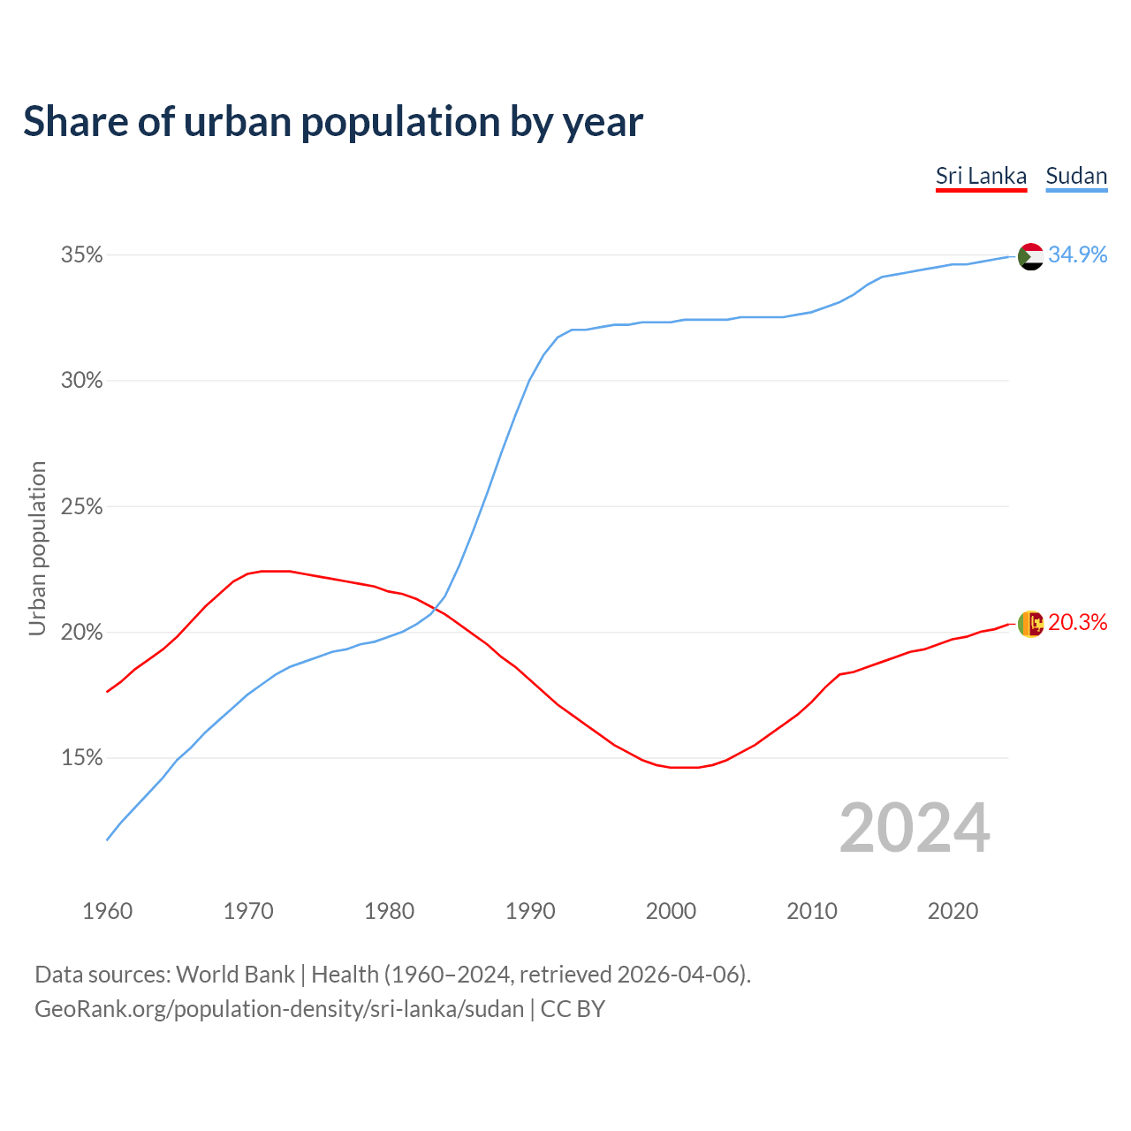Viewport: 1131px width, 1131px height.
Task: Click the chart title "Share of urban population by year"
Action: click(x=333, y=122)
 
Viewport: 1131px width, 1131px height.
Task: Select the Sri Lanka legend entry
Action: click(x=981, y=176)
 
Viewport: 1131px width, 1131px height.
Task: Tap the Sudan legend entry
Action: click(x=1076, y=176)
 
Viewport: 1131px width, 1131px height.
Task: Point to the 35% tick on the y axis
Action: click(x=81, y=255)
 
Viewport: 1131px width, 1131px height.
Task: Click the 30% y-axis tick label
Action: click(x=81, y=381)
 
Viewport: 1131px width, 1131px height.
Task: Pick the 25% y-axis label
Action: click(x=81, y=507)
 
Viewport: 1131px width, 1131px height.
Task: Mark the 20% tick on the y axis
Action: click(x=81, y=633)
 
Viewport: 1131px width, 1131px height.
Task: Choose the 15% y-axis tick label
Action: click(x=81, y=758)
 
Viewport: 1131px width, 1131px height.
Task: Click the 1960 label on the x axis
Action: click(x=107, y=911)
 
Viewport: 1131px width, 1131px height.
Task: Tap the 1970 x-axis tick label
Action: click(x=248, y=911)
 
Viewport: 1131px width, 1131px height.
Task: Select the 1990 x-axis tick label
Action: click(x=530, y=911)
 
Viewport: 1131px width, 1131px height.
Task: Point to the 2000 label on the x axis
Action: click(x=671, y=911)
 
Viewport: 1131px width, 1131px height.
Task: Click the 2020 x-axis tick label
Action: click(x=953, y=911)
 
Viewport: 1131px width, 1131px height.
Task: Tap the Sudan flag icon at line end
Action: click(x=1030, y=256)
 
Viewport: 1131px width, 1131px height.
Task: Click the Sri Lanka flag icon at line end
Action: click(x=1030, y=624)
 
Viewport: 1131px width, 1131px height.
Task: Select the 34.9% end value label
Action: click(x=1077, y=255)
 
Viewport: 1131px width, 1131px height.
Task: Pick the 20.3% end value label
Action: click(x=1077, y=623)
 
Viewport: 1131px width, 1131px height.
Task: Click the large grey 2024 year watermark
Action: click(x=915, y=829)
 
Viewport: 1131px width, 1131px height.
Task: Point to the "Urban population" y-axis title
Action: click(x=37, y=548)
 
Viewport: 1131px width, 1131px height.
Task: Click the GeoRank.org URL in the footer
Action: click(x=279, y=1009)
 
